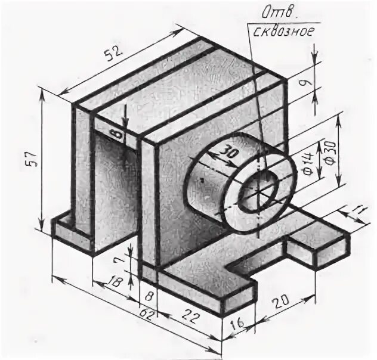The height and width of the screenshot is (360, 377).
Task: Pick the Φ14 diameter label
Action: click(307, 163)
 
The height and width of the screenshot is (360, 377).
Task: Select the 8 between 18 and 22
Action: click(149, 296)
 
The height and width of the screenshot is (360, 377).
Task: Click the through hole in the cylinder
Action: click(259, 190)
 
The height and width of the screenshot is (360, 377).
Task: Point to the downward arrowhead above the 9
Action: click(315, 63)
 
